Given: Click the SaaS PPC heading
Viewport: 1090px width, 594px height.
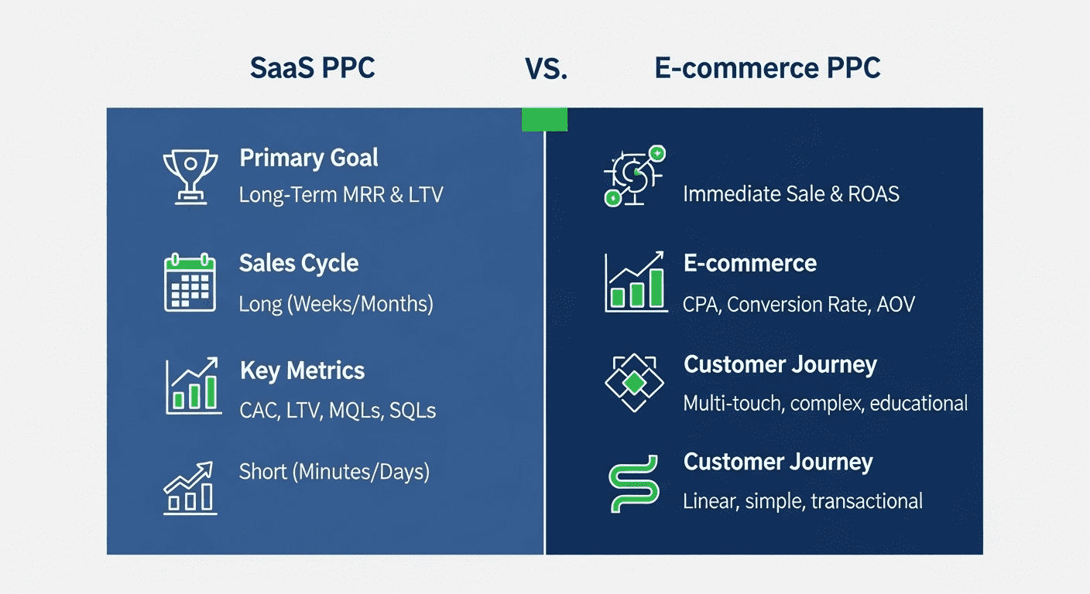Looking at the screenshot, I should [x=313, y=68].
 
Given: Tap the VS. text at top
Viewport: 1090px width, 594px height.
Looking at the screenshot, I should [x=547, y=69].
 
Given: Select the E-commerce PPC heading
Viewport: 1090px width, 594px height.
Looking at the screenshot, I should [x=767, y=68].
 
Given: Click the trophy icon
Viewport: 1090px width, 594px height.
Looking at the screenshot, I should [x=187, y=176].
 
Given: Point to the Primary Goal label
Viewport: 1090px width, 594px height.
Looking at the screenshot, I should [x=309, y=158].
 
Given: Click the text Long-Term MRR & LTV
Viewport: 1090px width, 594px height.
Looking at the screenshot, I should [x=341, y=194].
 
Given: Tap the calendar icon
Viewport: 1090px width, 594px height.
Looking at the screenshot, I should [x=189, y=282].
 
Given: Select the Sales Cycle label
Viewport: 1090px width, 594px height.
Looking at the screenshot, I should [x=299, y=263].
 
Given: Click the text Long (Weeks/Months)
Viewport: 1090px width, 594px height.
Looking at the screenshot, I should [x=336, y=303].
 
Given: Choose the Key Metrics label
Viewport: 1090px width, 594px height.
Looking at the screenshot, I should [x=302, y=370].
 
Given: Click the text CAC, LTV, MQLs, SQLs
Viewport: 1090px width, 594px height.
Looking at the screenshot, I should [x=338, y=410].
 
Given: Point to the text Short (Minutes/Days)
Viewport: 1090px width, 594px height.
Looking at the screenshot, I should [x=334, y=470].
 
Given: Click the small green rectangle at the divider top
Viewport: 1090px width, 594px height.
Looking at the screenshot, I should [x=544, y=119].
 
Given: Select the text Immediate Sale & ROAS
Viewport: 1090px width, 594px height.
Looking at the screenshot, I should [x=790, y=193].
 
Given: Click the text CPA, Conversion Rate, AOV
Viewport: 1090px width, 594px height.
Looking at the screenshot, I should [x=798, y=304].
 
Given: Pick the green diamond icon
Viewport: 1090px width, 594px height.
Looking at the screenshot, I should [x=634, y=382].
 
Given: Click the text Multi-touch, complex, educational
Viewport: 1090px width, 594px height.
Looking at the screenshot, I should [x=825, y=403].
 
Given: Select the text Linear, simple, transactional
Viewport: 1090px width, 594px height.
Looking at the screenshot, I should [x=802, y=501].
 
